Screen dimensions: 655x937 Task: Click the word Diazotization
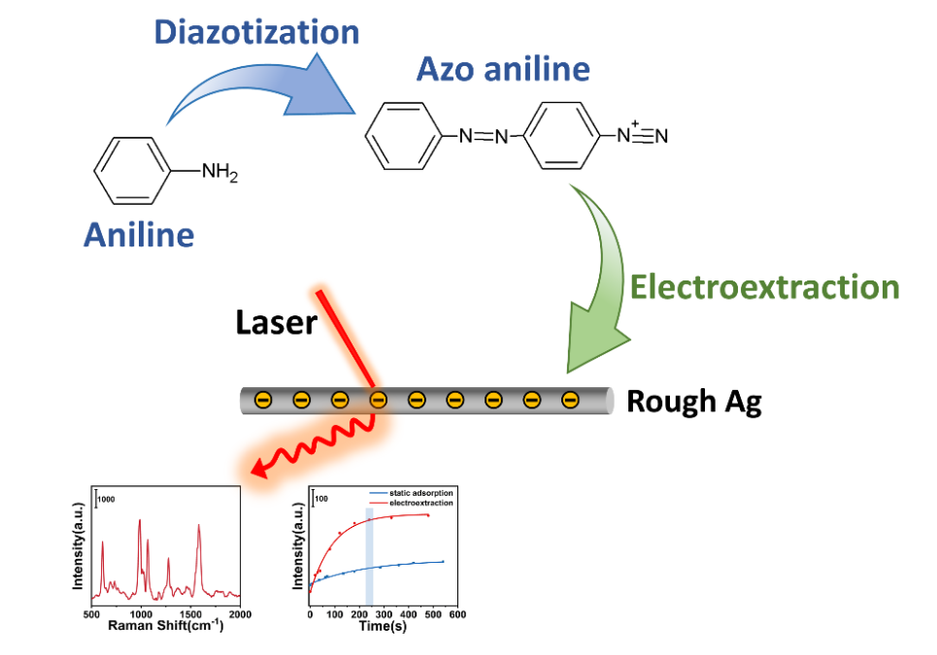tap(256, 31)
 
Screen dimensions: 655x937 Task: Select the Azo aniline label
tap(503, 69)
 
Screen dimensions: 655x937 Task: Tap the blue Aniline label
tap(138, 234)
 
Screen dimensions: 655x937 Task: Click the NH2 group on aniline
tap(218, 173)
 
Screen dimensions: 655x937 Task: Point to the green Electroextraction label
tap(764, 286)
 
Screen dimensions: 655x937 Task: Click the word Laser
tap(276, 322)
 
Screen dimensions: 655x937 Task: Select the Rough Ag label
tap(693, 401)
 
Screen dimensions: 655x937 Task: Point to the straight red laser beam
tap(344, 339)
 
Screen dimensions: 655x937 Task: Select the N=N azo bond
tap(484, 136)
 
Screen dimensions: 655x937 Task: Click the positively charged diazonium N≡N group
tap(644, 134)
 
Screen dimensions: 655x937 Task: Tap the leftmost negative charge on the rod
tap(262, 400)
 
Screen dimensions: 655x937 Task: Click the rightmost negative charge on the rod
tap(570, 400)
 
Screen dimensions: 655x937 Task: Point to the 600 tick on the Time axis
tap(457, 614)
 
